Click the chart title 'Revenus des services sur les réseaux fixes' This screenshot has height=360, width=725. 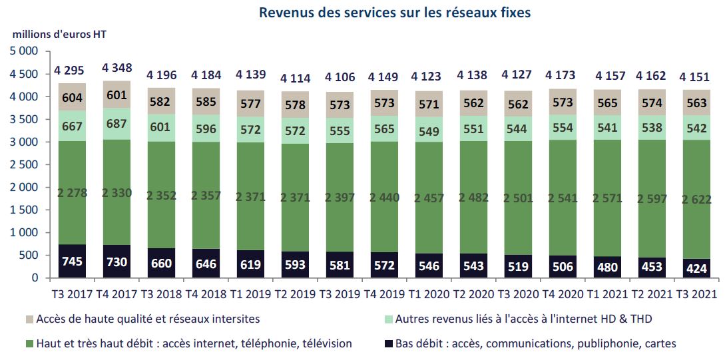[395, 13]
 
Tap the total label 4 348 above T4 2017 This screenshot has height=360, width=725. [117, 68]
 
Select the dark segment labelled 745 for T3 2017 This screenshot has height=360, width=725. [72, 261]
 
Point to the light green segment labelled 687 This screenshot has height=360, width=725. [117, 124]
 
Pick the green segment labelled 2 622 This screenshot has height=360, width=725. [695, 198]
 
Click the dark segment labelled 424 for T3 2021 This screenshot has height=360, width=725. [695, 268]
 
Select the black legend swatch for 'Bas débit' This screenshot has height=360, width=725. [389, 343]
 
